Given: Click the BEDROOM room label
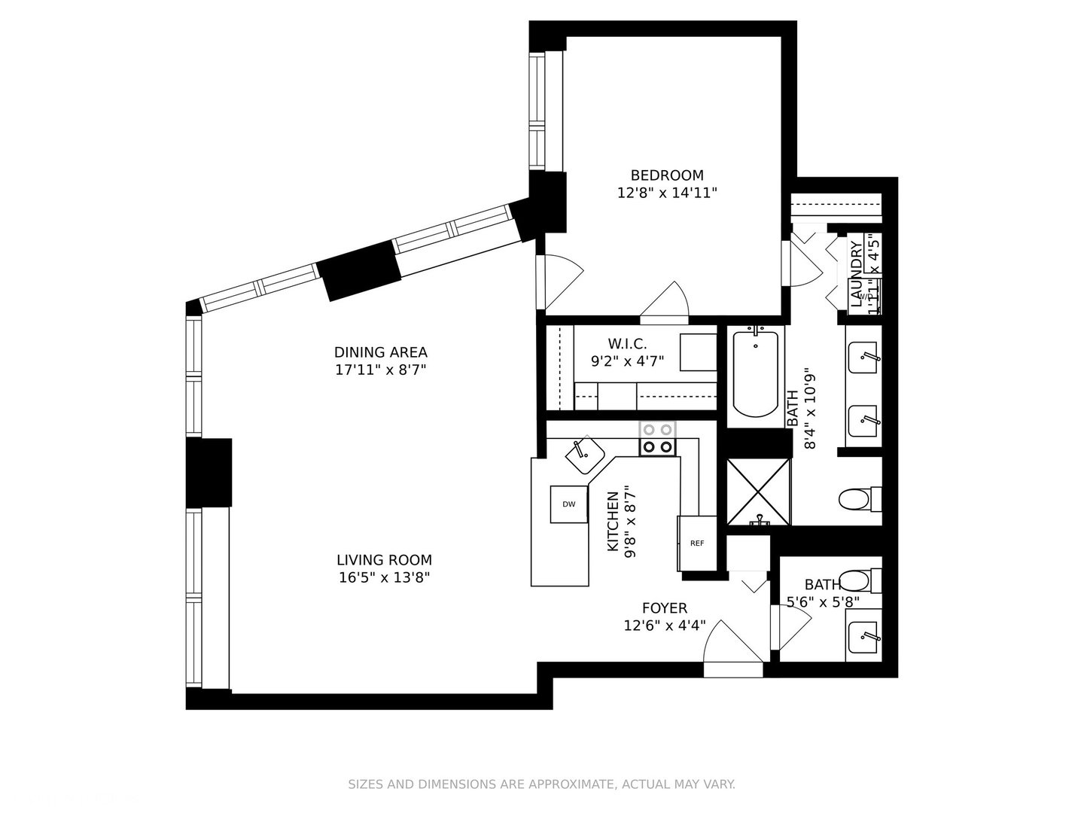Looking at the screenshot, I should pos(667,175).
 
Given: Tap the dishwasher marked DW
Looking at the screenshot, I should pos(568,504).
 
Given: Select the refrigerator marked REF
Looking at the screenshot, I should pos(697,543).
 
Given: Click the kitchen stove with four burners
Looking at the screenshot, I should pos(657,438).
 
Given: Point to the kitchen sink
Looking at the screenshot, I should pos(585,455).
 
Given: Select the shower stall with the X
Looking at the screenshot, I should pos(758,491).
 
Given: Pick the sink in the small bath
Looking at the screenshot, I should pos(863,637).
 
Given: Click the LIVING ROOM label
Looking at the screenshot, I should pos(384,560).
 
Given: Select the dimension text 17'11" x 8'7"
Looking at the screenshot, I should pos(381,370).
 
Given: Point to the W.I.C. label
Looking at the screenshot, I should pos(627,344).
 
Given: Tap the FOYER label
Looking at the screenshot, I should pos(664,608).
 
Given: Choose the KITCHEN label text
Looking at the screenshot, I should pos(613,521).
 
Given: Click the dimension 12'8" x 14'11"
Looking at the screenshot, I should pos(667,193).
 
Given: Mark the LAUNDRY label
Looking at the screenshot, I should pos(857,274).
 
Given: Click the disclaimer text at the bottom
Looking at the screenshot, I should pos(541,784).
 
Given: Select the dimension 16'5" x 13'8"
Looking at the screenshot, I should pos(384,578).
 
